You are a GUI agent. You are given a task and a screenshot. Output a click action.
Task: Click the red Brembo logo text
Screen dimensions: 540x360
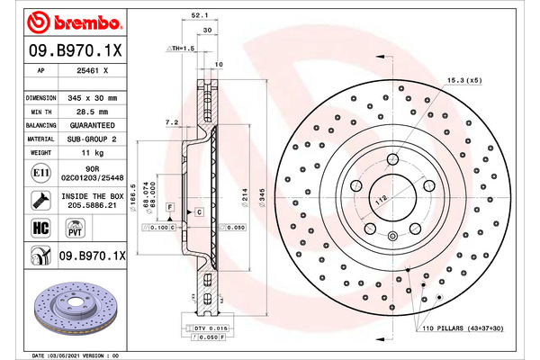87,22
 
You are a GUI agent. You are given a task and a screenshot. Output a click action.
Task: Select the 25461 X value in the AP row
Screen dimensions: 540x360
93,70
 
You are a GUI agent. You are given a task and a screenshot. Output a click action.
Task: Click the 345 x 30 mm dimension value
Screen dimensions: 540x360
93,98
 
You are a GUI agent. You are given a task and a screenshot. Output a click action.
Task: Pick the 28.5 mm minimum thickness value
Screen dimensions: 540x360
93,112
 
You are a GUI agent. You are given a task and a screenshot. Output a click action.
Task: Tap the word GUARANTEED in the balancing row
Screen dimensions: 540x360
93,125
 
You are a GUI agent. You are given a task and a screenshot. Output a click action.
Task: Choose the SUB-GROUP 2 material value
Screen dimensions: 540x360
92,139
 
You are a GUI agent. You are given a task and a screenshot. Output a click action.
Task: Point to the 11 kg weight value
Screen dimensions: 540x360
93,153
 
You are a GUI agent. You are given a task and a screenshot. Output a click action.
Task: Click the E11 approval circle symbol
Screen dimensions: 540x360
40,173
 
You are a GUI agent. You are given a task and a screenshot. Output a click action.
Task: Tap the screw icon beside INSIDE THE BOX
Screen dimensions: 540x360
41,201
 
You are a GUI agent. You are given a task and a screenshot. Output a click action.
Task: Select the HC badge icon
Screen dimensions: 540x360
40,228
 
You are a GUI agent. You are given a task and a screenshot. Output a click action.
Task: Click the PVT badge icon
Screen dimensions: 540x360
75,228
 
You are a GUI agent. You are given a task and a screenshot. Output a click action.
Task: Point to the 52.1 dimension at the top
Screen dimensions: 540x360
200,15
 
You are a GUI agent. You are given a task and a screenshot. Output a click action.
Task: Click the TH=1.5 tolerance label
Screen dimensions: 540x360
181,49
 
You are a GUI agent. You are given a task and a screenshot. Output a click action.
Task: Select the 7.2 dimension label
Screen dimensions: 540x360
172,122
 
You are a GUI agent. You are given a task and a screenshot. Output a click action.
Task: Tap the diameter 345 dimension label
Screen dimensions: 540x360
263,198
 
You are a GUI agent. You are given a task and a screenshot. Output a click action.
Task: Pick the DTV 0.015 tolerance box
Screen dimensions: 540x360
207,328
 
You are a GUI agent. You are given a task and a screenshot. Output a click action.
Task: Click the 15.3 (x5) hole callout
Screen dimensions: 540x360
464,80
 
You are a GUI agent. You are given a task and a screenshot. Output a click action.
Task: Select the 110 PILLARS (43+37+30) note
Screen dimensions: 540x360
463,328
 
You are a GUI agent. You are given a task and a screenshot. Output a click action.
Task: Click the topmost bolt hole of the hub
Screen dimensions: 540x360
392,159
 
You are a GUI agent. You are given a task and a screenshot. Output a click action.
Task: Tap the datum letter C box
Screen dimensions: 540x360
199,212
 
